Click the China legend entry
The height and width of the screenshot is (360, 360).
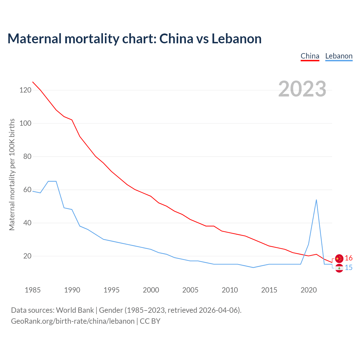310,56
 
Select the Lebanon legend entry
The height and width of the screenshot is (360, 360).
339,56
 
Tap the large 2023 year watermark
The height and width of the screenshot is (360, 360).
302,89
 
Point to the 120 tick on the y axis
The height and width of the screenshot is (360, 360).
25,90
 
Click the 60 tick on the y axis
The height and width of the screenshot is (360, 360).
27,190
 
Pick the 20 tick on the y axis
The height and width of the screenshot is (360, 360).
27,256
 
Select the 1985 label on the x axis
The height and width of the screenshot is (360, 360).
33,290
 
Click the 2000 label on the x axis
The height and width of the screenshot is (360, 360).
151,290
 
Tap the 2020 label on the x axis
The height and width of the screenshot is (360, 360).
309,290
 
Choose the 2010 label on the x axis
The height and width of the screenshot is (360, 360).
230,290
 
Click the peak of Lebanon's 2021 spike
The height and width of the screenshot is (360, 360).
316,200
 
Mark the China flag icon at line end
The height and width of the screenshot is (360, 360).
339,258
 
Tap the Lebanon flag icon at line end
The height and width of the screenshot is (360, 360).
339,268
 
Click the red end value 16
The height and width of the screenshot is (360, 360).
349,258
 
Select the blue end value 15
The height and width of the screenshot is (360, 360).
349,268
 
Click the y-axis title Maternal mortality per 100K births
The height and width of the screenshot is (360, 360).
12,174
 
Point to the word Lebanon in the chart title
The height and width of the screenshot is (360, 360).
237,39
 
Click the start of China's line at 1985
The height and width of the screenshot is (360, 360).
33,82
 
